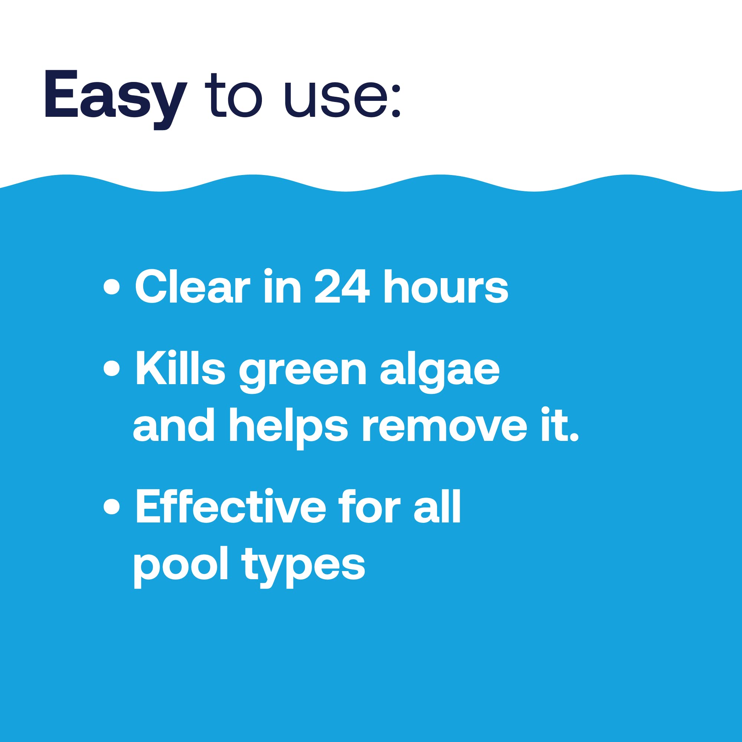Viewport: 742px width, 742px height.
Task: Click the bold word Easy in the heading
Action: (115, 96)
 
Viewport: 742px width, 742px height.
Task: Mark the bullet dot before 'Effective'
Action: (112, 506)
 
